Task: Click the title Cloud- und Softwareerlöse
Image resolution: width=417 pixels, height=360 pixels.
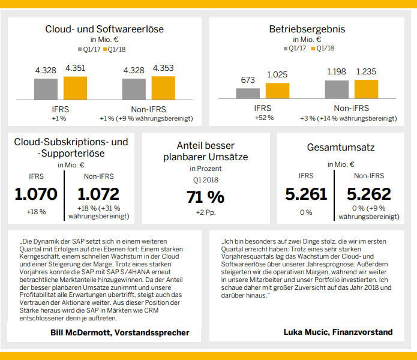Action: pos(104,29)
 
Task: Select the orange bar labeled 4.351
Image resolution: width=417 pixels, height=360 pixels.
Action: pos(75,88)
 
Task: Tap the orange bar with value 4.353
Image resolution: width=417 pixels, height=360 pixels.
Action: pos(163,88)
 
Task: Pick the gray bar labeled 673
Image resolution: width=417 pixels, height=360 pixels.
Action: pos(248,93)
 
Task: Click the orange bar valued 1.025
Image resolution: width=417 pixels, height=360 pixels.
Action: pos(277,91)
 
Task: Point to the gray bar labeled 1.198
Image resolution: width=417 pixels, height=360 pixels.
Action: pos(337,89)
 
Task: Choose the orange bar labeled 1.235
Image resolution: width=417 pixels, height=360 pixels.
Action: pos(366,89)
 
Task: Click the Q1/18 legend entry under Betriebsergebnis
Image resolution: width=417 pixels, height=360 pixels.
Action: pos(324,49)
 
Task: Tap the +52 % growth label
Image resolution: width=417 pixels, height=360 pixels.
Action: pos(263,118)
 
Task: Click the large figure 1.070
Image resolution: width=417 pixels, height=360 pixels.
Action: pos(36,194)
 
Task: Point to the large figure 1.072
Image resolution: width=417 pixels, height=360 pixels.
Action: pos(98,194)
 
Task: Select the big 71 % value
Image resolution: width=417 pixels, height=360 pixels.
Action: pos(206,197)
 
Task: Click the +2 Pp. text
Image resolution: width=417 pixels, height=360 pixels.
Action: pos(206,212)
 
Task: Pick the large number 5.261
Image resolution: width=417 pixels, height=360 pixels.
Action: pos(307,194)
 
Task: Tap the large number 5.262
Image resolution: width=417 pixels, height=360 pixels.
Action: pos(369,194)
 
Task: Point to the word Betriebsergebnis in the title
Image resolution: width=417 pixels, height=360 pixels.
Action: pos(307,29)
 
